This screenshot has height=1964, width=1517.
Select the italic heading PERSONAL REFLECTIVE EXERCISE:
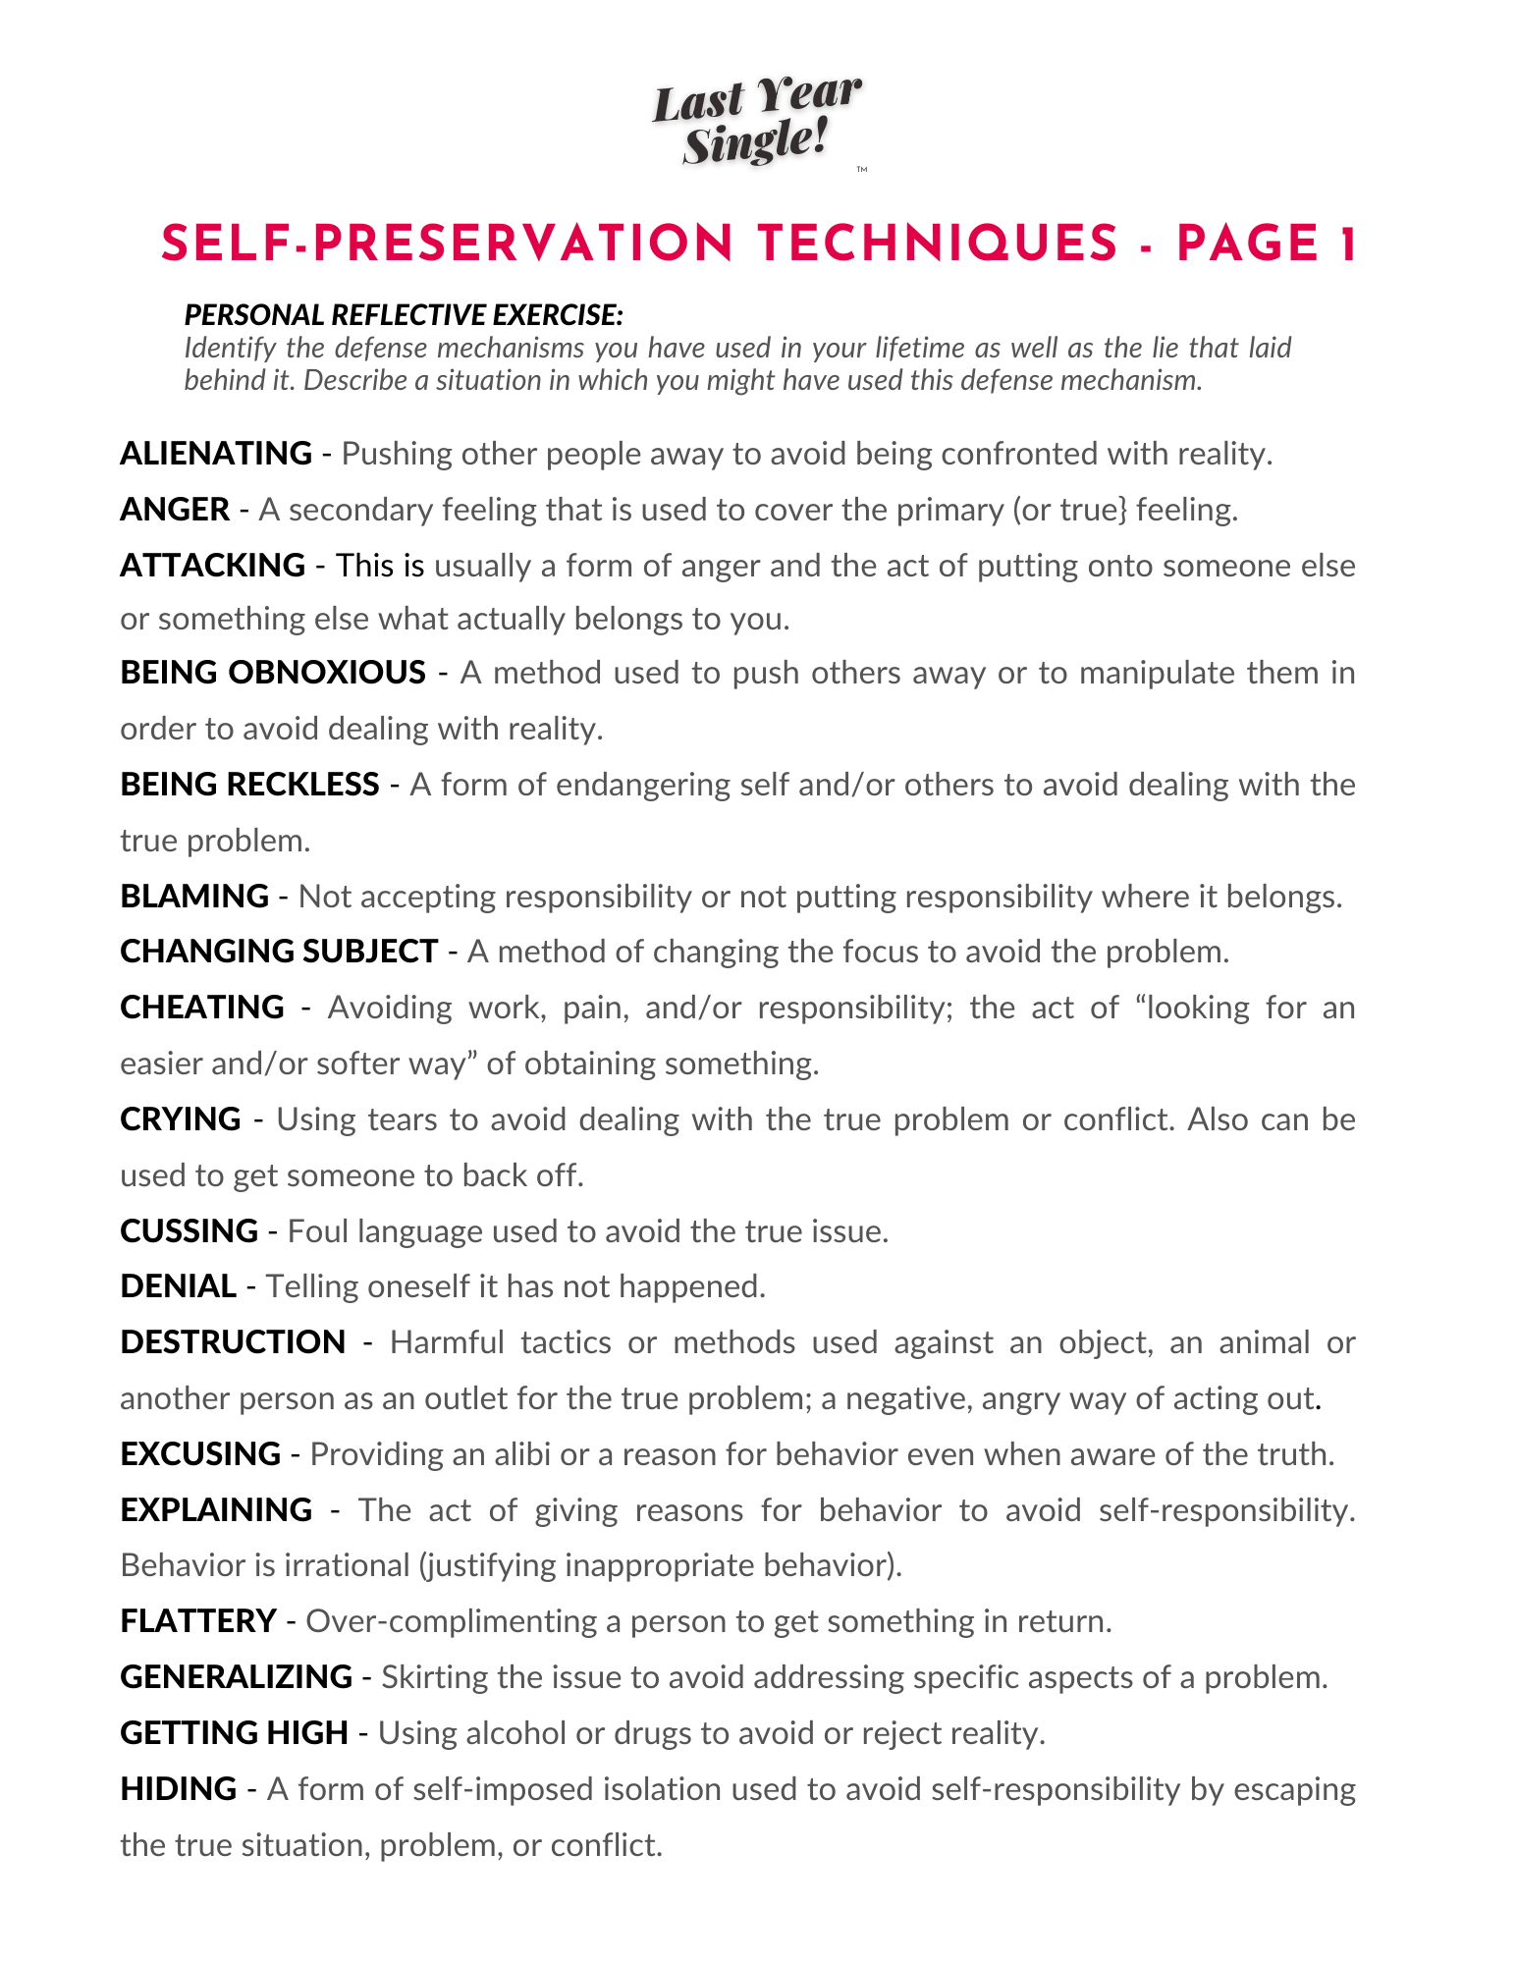click(404, 315)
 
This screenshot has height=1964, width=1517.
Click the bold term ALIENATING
click(216, 454)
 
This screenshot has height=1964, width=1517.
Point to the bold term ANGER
click(175, 510)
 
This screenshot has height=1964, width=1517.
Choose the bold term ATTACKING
click(212, 566)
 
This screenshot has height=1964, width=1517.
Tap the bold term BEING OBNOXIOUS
click(273, 673)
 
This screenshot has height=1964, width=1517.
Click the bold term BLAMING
click(194, 897)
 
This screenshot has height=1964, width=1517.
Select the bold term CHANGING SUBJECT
click(279, 952)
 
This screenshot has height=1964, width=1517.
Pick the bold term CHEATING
click(202, 1008)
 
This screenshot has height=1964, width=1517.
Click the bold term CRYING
click(181, 1119)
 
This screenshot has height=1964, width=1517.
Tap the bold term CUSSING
click(189, 1231)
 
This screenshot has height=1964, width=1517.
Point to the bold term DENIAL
click(178, 1286)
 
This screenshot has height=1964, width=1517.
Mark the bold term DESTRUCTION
click(233, 1342)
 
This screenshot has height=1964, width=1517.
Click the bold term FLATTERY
click(198, 1621)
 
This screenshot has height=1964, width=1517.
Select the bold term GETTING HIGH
click(234, 1733)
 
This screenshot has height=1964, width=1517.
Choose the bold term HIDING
click(178, 1789)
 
